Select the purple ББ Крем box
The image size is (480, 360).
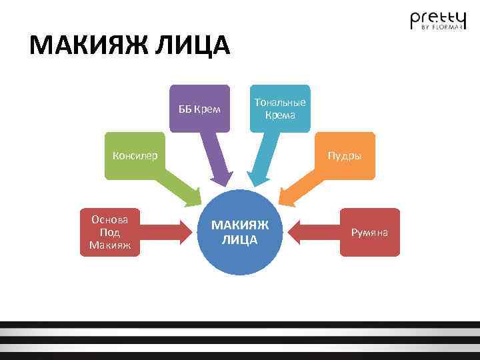[x=199, y=109]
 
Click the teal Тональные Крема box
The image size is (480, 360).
[x=280, y=108]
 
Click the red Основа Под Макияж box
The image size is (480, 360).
[x=110, y=233]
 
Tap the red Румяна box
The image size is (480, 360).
[x=370, y=232]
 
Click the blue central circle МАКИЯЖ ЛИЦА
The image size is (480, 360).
[x=239, y=233]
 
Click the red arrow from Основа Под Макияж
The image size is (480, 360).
[x=167, y=232]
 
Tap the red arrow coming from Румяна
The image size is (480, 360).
[x=313, y=232]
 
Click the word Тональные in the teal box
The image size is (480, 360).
[x=280, y=102]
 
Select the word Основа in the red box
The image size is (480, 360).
[x=110, y=219]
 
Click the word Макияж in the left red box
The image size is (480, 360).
[x=110, y=246]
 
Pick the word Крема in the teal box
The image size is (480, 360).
[x=280, y=114]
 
